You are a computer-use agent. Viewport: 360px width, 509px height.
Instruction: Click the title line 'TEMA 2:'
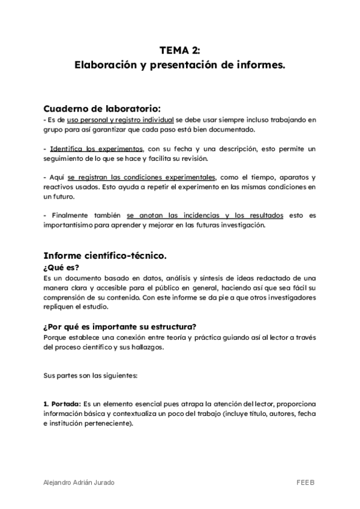(180, 50)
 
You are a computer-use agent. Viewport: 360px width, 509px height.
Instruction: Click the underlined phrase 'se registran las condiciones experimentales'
(142, 178)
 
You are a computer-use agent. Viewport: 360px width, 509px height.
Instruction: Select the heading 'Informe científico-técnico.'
(105, 256)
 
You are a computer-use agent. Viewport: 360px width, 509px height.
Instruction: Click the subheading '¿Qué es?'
(61, 268)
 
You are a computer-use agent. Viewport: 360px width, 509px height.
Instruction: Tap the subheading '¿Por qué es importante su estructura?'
(120, 327)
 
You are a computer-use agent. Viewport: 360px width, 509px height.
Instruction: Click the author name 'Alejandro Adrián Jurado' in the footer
(80, 482)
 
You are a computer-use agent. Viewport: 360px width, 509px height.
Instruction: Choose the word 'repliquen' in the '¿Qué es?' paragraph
(59, 307)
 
